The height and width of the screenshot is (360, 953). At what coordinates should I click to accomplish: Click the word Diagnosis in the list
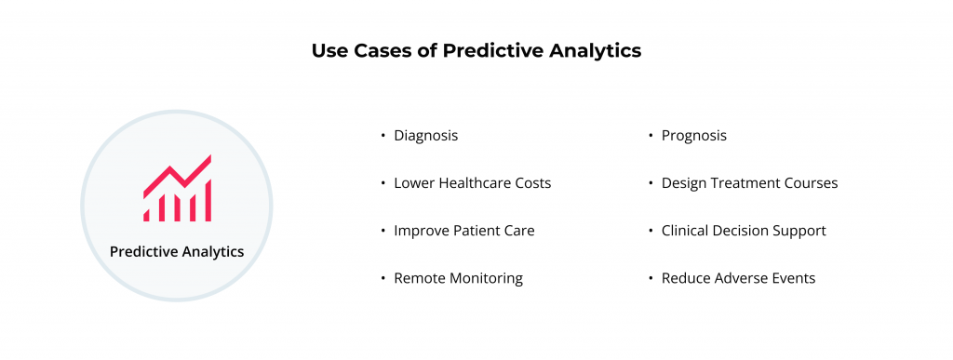pyautogui.click(x=425, y=136)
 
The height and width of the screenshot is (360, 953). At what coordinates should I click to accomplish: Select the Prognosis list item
pyautogui.click(x=693, y=136)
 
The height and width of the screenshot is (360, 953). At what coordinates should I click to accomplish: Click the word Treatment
pyautogui.click(x=748, y=183)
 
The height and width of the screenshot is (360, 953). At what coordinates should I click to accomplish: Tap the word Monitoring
pyautogui.click(x=485, y=278)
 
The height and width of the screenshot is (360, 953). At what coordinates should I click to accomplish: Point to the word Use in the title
pyautogui.click(x=329, y=51)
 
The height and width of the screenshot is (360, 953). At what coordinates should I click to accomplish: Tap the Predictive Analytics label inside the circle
pyautogui.click(x=177, y=251)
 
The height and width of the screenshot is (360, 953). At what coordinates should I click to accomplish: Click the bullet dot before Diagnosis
pyautogui.click(x=383, y=136)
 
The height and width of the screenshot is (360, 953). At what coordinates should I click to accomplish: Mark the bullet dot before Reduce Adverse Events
pyautogui.click(x=651, y=278)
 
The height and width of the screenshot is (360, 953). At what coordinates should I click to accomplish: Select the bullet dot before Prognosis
pyautogui.click(x=651, y=136)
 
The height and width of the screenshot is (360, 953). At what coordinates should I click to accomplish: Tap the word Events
pyautogui.click(x=794, y=278)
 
